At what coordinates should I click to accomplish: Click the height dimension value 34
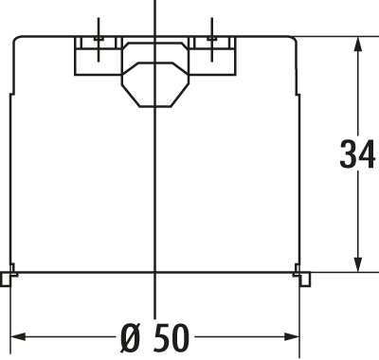(357, 154)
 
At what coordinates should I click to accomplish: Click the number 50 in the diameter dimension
(171, 337)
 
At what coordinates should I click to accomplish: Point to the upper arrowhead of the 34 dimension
(357, 45)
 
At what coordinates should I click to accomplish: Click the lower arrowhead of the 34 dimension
(357, 263)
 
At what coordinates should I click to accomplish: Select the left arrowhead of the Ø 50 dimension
(18, 336)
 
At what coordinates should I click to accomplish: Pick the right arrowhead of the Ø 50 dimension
(291, 336)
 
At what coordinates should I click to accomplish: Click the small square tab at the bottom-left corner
(6, 279)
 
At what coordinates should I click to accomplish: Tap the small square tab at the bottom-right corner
(305, 279)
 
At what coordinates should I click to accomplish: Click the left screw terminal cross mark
(99, 39)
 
